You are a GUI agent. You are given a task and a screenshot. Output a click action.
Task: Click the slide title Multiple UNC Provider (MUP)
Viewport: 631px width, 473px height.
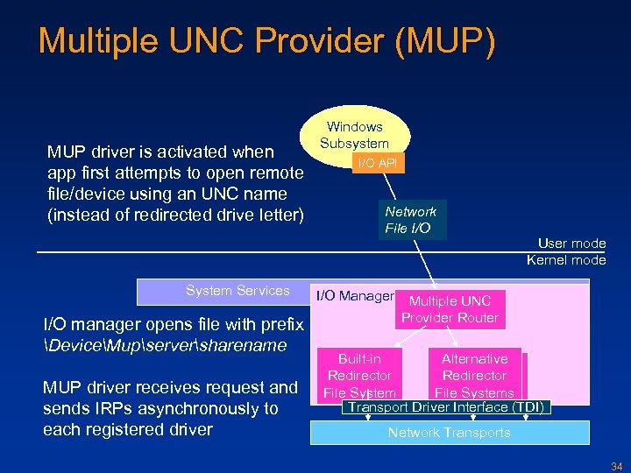pos(266,41)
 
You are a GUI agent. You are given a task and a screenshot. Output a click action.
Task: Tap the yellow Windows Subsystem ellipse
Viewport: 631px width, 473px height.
pos(354,131)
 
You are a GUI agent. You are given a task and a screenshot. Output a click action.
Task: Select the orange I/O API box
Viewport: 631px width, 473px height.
pos(376,163)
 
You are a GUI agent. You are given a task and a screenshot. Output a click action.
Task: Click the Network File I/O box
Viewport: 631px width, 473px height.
pos(410,220)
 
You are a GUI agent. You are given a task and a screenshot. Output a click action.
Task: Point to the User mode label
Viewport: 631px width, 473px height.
pos(571,244)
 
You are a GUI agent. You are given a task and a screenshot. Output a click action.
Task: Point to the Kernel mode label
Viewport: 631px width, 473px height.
pos(566,259)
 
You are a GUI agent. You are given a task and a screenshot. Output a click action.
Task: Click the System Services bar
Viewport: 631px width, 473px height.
pos(238,291)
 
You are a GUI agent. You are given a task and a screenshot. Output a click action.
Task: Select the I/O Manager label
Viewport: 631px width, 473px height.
pos(354,296)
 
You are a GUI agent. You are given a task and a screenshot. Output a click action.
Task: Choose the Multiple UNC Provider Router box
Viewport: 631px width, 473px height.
pos(450,309)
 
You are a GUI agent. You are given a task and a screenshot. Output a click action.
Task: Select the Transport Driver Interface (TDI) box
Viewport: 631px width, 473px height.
pos(447,407)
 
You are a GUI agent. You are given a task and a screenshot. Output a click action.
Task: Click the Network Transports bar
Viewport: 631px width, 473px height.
pos(449,433)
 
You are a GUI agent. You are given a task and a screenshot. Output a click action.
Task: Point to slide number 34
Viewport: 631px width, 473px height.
pos(616,464)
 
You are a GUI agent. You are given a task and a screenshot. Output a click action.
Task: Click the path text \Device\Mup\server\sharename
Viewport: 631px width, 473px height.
pos(165,345)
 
